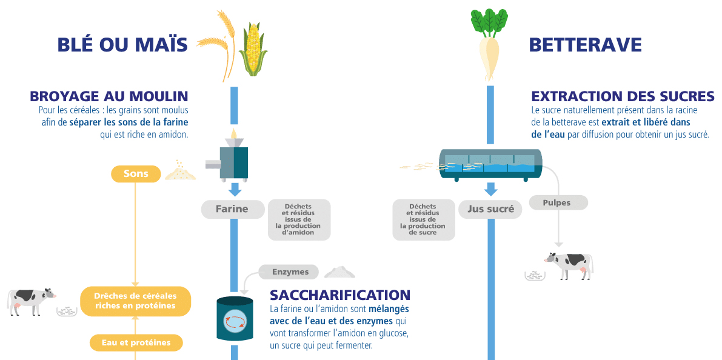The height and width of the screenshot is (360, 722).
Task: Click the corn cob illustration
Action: [253, 50]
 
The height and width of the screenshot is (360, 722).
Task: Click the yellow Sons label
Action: [136, 174]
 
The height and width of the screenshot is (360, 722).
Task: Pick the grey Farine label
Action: [232, 209]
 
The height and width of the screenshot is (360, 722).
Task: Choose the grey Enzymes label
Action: [290, 272]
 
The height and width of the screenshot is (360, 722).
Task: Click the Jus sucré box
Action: [490, 209]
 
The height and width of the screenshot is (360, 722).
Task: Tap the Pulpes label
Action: [557, 202]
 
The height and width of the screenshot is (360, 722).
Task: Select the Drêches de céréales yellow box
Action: [136, 301]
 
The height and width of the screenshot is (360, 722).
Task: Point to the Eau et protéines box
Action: [136, 342]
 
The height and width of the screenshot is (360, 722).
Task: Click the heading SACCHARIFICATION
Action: [340, 295]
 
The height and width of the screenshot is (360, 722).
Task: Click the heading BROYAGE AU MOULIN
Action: [109, 96]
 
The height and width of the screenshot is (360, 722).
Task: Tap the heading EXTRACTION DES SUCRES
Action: [623, 96]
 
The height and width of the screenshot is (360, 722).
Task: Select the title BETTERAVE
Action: [585, 45]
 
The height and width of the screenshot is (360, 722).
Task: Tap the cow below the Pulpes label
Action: [568, 264]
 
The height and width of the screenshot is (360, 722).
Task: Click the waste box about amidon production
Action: [299, 219]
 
